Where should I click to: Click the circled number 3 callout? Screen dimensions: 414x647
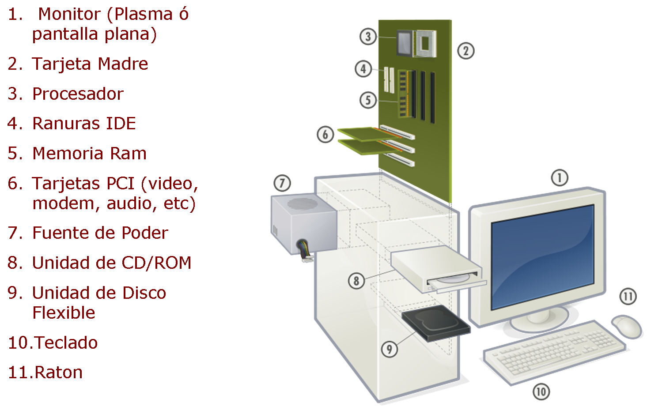(x=368, y=36)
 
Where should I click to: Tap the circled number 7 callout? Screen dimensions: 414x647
(x=282, y=183)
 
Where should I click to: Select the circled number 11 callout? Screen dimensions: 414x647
(x=628, y=296)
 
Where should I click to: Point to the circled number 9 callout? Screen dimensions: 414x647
(x=389, y=349)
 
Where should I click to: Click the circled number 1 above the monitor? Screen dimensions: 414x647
(x=560, y=178)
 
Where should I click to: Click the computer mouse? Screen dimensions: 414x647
(x=627, y=326)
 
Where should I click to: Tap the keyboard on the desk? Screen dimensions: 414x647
(x=554, y=352)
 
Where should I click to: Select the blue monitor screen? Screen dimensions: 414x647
(x=542, y=256)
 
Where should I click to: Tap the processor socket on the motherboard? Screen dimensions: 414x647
(x=425, y=43)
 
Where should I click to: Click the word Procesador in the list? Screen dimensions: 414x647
(x=78, y=94)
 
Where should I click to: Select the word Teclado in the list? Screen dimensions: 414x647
(x=66, y=343)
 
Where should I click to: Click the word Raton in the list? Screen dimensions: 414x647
(x=58, y=373)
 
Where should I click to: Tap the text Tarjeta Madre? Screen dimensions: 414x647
(x=90, y=64)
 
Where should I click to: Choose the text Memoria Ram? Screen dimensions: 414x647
(x=89, y=154)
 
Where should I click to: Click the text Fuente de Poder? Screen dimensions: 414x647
(x=100, y=233)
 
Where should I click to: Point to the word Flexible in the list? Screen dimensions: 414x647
(x=64, y=313)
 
